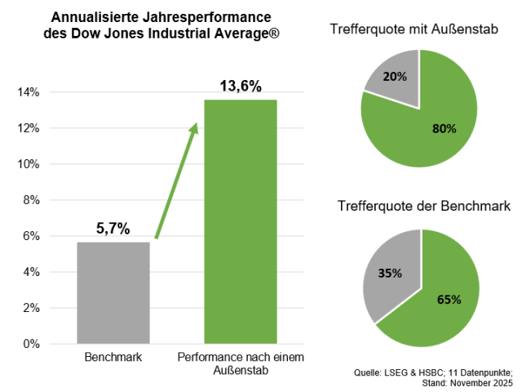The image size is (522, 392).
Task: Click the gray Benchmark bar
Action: [x=113, y=292]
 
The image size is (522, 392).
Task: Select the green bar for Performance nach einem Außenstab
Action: [x=240, y=220]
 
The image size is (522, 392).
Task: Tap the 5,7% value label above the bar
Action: [x=113, y=229]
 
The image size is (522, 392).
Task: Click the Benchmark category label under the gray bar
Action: [x=113, y=358]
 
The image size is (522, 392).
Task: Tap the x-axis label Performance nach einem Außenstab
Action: [x=240, y=364]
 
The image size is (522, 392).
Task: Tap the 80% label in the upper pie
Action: [x=444, y=128]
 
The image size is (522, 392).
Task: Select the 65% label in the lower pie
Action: [x=449, y=299]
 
